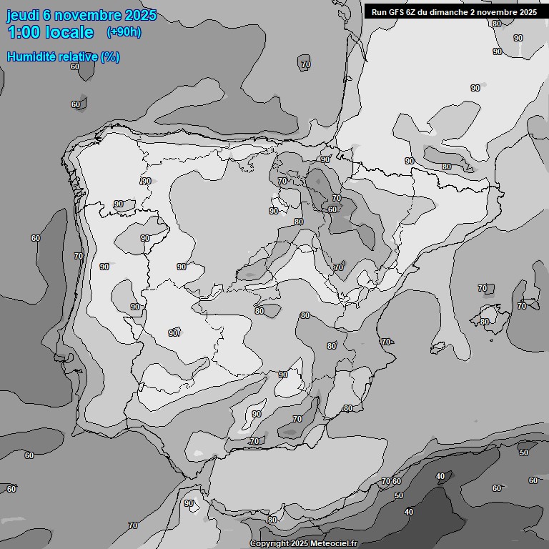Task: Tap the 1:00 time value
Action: point(26,32)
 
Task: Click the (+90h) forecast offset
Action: point(124,32)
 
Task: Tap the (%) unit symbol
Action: point(110,56)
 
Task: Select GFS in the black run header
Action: point(397,12)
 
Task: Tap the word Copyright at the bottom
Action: point(268,544)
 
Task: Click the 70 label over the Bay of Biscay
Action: point(306,64)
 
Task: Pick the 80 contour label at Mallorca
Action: point(485,322)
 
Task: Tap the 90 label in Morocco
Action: point(189,503)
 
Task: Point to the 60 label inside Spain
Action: point(332,209)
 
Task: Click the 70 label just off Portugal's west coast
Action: point(79,256)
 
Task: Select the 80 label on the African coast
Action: point(272,520)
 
